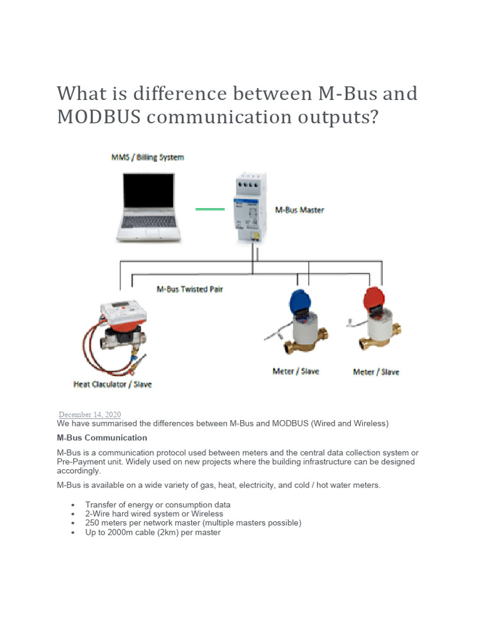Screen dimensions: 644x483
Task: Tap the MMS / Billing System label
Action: click(147, 157)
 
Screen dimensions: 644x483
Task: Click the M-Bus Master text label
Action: click(299, 209)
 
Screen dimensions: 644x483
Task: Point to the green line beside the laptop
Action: click(210, 209)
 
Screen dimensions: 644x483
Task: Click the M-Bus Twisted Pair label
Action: click(189, 289)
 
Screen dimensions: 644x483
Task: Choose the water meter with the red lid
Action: click(374, 324)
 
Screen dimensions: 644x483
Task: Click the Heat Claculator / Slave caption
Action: click(113, 384)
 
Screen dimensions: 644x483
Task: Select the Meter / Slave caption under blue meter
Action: click(296, 371)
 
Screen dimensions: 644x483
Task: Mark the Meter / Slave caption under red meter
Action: click(376, 372)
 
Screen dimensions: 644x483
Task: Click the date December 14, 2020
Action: click(90, 414)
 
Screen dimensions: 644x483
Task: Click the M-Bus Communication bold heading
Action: click(102, 438)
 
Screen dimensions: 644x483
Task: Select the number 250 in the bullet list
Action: click(92, 523)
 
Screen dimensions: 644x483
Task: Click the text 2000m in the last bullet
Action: click(123, 532)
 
